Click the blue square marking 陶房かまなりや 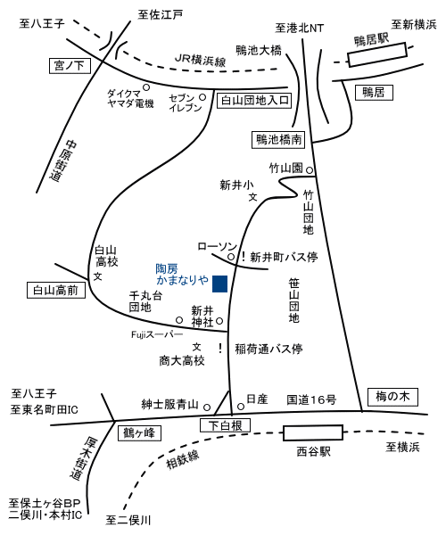pyautogui.click(x=219, y=284)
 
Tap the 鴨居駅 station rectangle pyautogui.click(x=377, y=54)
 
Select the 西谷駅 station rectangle pyautogui.click(x=313, y=432)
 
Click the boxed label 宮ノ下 pyautogui.click(x=70, y=65)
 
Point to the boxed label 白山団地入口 pyautogui.click(x=254, y=100)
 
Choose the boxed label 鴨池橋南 pyautogui.click(x=278, y=140)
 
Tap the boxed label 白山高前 pyautogui.click(x=56, y=291)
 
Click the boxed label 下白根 pyautogui.click(x=225, y=425)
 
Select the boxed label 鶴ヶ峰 pyautogui.click(x=139, y=433)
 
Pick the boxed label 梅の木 pyautogui.click(x=392, y=397)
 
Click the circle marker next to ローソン pyautogui.click(x=231, y=256)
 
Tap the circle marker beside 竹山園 pyautogui.click(x=310, y=170)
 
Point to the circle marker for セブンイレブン pyautogui.click(x=202, y=97)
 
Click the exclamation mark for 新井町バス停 pyautogui.click(x=244, y=256)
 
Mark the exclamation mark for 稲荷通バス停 pyautogui.click(x=220, y=348)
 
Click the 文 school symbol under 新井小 pyautogui.click(x=252, y=197)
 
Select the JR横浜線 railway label pyautogui.click(x=201, y=61)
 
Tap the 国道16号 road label pyautogui.click(x=311, y=399)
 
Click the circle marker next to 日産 pyautogui.click(x=241, y=407)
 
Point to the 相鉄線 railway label pyautogui.click(x=183, y=459)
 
